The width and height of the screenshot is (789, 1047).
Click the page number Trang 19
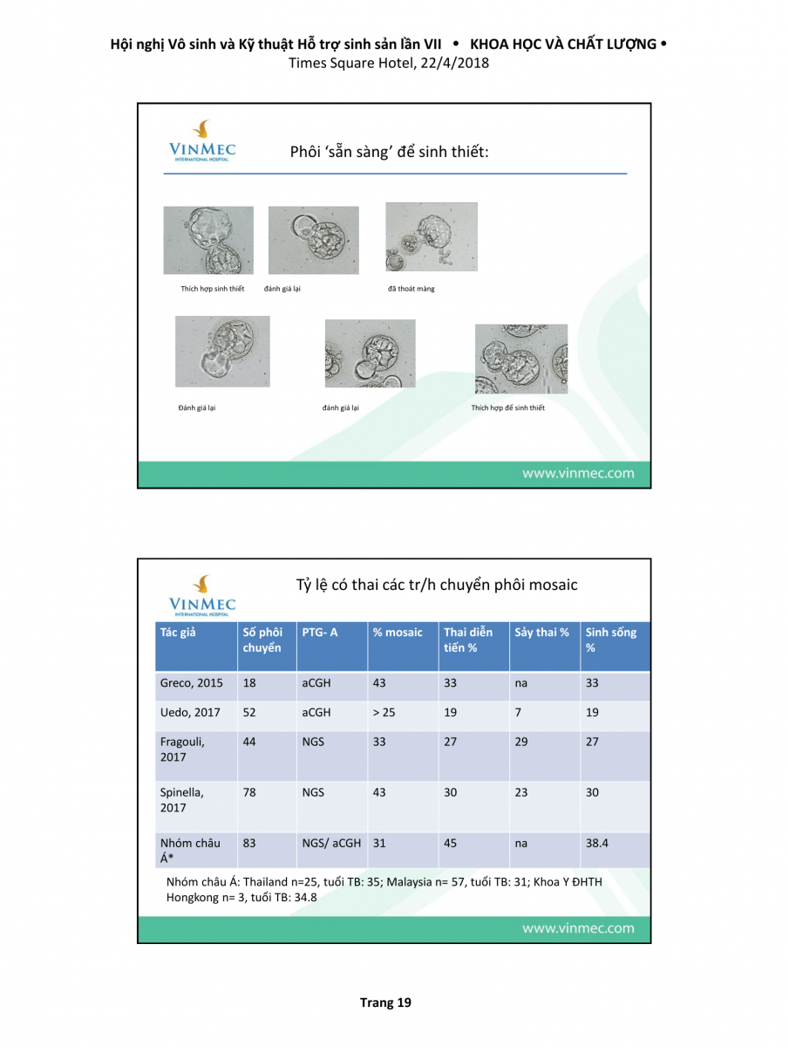click(x=385, y=1003)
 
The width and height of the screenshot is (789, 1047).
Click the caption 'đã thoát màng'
click(x=411, y=289)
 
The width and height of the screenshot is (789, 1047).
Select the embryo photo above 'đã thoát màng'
click(x=432, y=237)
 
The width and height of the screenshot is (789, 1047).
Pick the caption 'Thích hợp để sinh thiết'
click(x=507, y=407)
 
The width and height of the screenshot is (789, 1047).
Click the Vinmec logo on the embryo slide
click(x=201, y=142)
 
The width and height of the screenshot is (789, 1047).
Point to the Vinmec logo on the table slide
click(x=202, y=593)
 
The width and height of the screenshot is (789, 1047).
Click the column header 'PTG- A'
click(x=320, y=633)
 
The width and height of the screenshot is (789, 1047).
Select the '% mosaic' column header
click(x=398, y=633)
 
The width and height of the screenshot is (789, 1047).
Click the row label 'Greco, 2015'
click(x=191, y=683)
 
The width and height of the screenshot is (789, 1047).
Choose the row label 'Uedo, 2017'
click(x=190, y=712)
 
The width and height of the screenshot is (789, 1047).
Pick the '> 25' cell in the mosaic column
click(x=384, y=712)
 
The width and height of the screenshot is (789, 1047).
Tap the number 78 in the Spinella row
click(x=249, y=792)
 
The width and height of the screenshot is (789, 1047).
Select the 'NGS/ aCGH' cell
click(x=331, y=843)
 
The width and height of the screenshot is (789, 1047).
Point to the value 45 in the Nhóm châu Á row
click(x=450, y=843)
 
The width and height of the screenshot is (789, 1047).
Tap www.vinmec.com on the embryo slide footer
click(x=578, y=474)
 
